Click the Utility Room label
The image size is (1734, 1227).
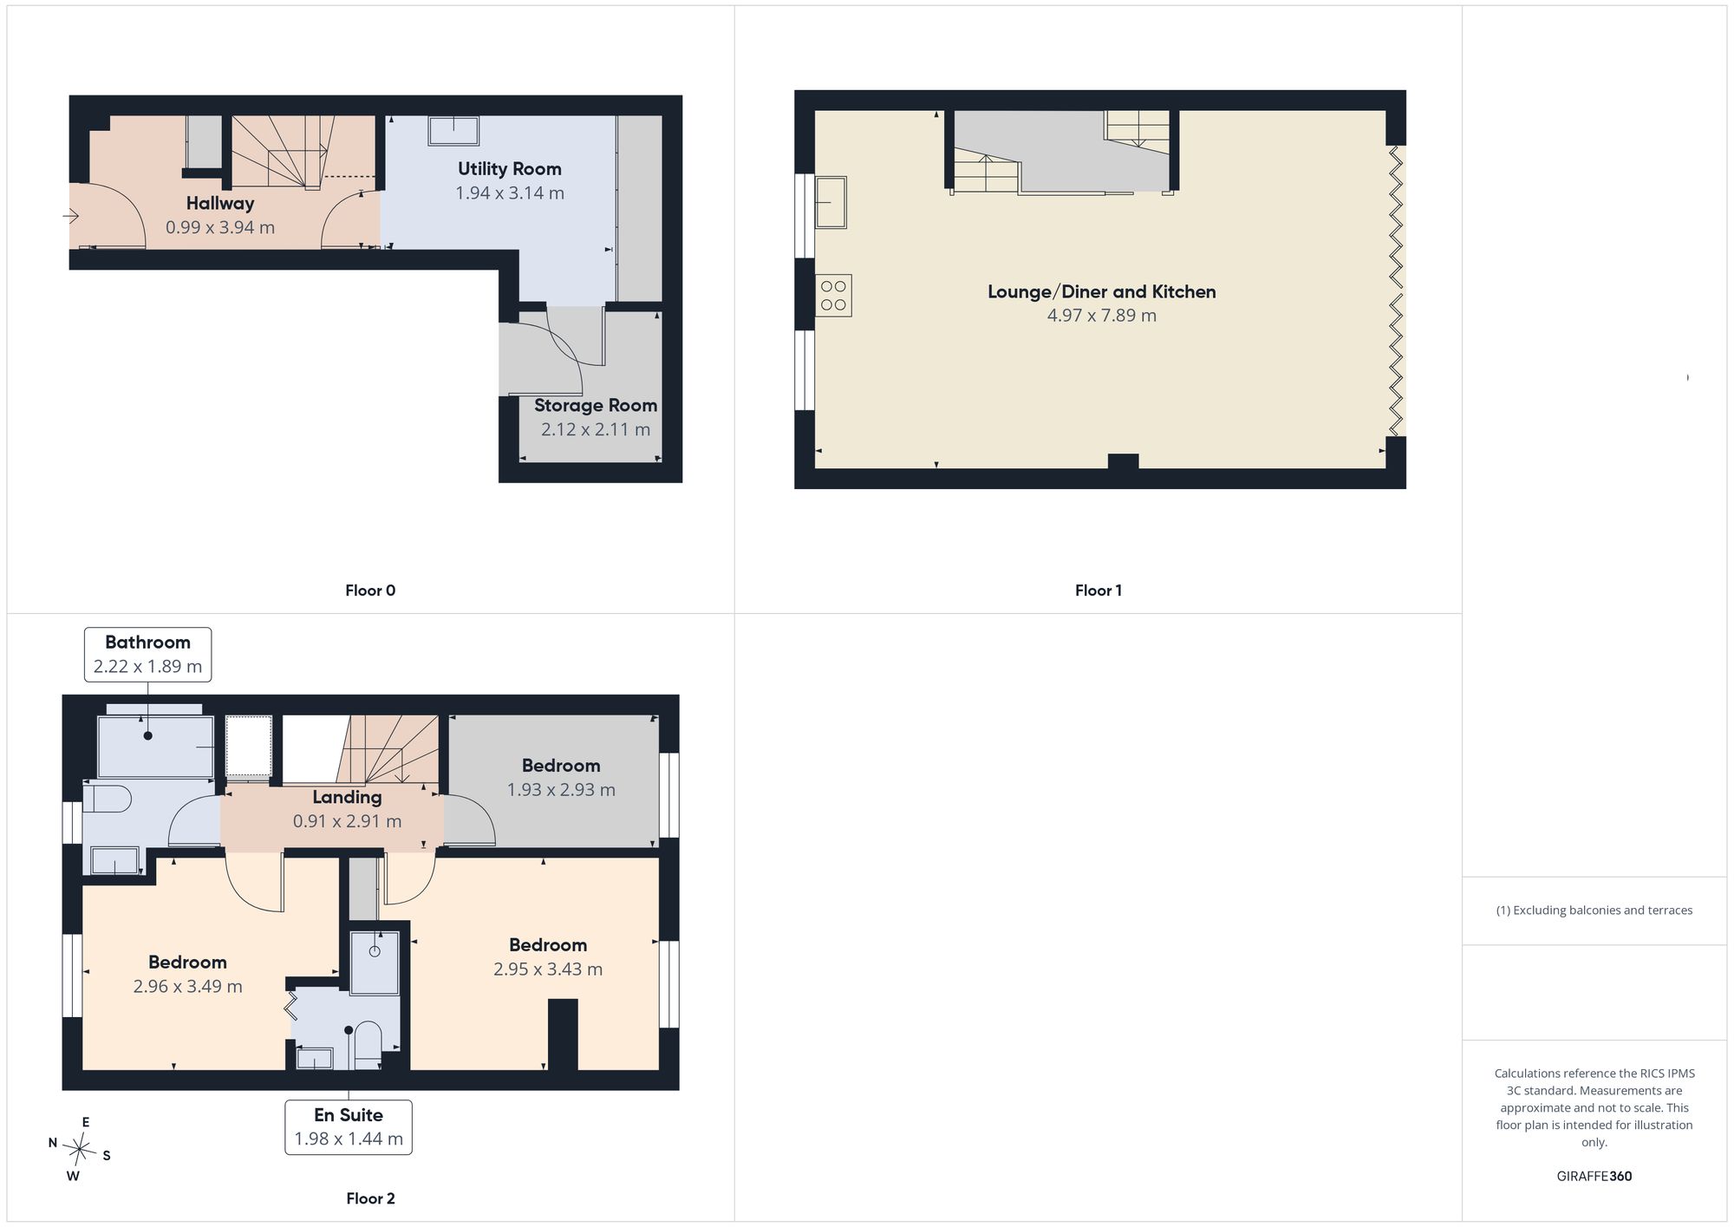pyautogui.click(x=510, y=169)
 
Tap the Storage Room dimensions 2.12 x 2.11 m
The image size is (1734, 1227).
pyautogui.click(x=596, y=429)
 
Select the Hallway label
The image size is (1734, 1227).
pyautogui.click(x=220, y=204)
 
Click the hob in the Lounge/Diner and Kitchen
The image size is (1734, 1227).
pyautogui.click(x=833, y=296)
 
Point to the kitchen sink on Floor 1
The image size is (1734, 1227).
pyautogui.click(x=831, y=202)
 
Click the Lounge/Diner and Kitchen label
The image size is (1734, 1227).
pyautogui.click(x=1102, y=292)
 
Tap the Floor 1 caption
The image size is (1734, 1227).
pyautogui.click(x=1098, y=591)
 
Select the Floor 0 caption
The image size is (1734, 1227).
pyautogui.click(x=370, y=591)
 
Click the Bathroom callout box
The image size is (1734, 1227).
pyautogui.click(x=147, y=655)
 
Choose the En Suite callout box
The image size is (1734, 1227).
pyautogui.click(x=349, y=1127)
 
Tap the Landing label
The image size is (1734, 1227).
pyautogui.click(x=347, y=797)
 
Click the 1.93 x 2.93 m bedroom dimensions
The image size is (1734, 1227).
pyautogui.click(x=561, y=790)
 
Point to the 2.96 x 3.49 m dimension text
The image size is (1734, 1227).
pyautogui.click(x=188, y=987)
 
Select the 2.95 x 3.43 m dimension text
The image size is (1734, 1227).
pyautogui.click(x=548, y=969)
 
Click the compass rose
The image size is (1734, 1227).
pyautogui.click(x=80, y=1150)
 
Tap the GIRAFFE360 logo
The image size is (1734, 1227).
pyautogui.click(x=1594, y=1177)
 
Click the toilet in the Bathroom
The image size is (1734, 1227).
pyautogui.click(x=108, y=798)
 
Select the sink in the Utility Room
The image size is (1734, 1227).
pyautogui.click(x=453, y=131)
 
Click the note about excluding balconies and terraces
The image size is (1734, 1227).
pyautogui.click(x=1594, y=910)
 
